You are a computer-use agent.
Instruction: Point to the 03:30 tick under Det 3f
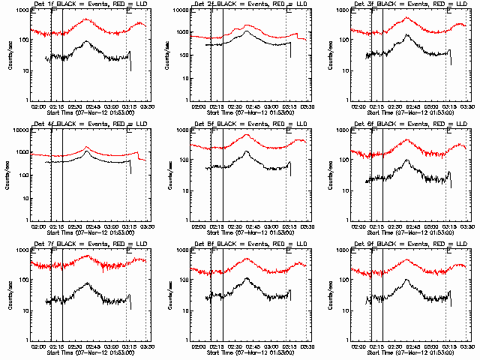point(466,106)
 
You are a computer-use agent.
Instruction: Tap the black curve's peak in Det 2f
point(247,31)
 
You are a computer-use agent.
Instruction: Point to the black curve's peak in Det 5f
point(247,151)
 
